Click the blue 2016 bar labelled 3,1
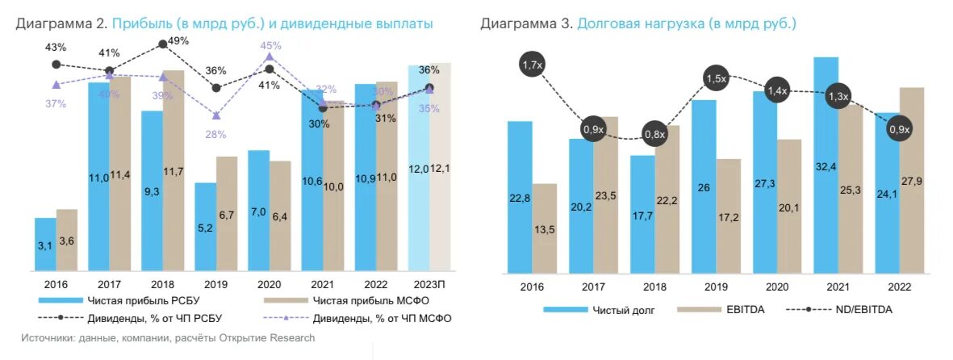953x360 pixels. [x=45, y=245]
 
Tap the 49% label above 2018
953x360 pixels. [x=178, y=42]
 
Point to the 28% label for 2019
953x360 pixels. [x=215, y=134]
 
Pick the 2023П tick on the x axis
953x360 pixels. [x=429, y=285]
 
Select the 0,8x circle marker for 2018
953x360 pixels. [x=654, y=134]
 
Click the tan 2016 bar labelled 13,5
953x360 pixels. [x=545, y=228]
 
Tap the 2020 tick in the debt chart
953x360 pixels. [x=776, y=286]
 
